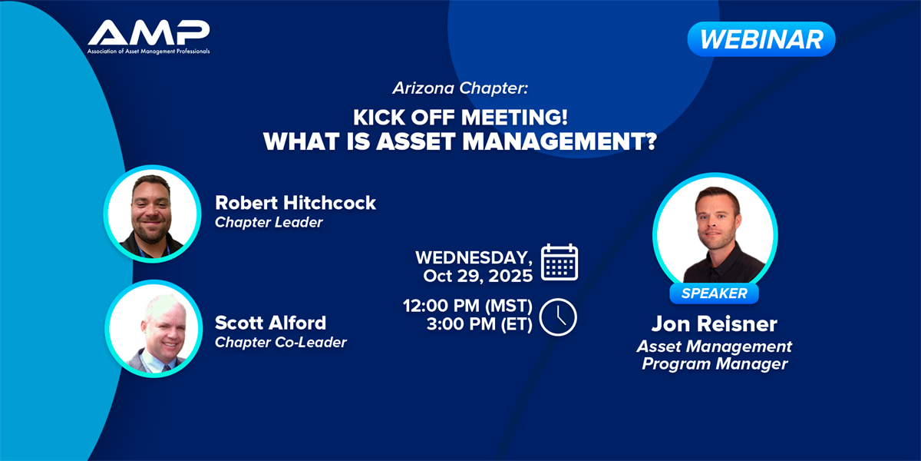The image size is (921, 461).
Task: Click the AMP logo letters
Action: (x=148, y=32)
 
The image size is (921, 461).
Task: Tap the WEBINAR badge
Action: (x=761, y=39)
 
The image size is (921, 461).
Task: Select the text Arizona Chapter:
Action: (x=460, y=88)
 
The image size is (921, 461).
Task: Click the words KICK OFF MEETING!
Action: (x=460, y=118)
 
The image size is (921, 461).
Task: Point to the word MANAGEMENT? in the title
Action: (x=560, y=141)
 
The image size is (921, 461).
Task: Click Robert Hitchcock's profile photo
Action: (x=152, y=214)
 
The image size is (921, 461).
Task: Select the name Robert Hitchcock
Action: (x=295, y=203)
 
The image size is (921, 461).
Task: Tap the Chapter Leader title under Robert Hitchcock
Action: (x=269, y=223)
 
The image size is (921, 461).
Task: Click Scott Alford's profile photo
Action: (x=153, y=329)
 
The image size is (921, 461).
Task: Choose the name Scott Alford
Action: (x=270, y=323)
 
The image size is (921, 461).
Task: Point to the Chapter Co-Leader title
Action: (x=281, y=343)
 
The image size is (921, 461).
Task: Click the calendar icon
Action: (x=560, y=262)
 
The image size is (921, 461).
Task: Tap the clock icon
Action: (x=558, y=317)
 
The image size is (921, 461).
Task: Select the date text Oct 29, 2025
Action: (x=477, y=276)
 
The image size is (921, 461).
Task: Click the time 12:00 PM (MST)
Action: (x=467, y=306)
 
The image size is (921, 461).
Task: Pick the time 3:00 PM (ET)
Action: (x=480, y=324)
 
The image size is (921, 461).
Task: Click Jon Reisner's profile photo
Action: (x=715, y=234)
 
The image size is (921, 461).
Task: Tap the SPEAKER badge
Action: (x=715, y=294)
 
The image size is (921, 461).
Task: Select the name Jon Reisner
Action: (x=715, y=324)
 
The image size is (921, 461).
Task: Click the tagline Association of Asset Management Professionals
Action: (x=148, y=51)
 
